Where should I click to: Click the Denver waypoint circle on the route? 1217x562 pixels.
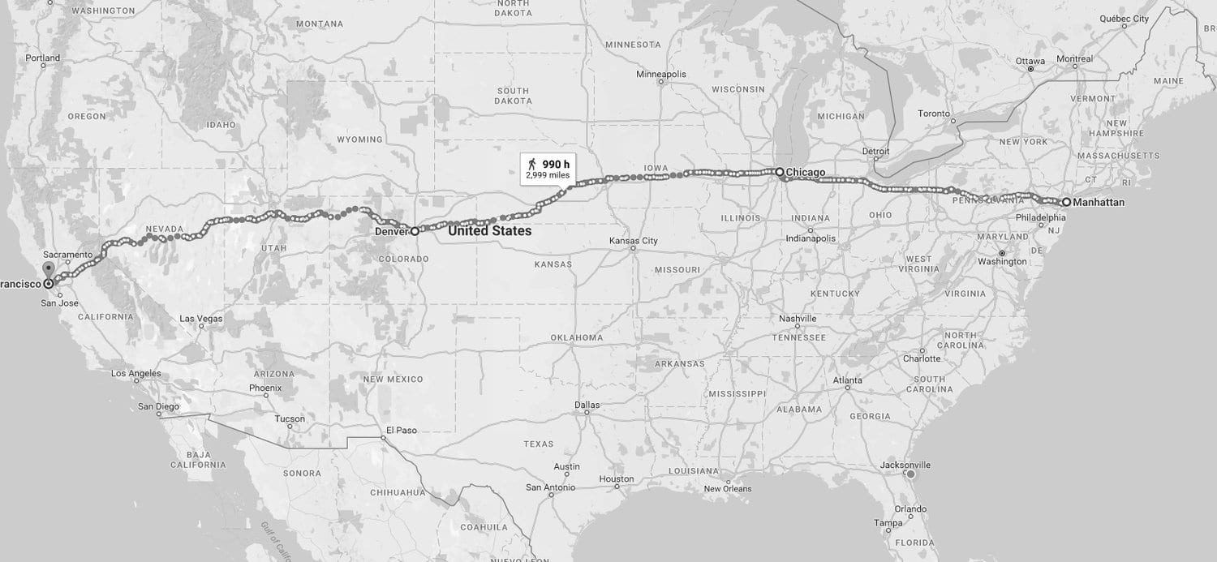tap(414, 231)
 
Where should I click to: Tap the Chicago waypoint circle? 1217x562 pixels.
tap(779, 172)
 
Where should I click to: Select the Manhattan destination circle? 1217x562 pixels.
tap(1066, 202)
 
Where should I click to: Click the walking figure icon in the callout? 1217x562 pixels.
tap(532, 165)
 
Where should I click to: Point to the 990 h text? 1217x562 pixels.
tap(556, 165)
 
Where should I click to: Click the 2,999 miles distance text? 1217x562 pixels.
tap(548, 175)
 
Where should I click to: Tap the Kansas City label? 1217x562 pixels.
tap(634, 241)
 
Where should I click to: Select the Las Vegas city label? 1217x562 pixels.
tap(200, 319)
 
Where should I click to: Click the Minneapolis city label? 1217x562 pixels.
tap(660, 74)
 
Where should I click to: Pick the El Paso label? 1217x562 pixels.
tap(402, 430)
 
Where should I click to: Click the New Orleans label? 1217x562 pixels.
tap(727, 488)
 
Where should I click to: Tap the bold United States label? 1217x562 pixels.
tap(489, 231)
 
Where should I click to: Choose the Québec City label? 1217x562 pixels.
tap(1123, 19)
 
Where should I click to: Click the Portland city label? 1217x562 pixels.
tap(43, 58)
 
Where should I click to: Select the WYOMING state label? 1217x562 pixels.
tap(359, 139)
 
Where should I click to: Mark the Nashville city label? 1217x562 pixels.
tap(797, 319)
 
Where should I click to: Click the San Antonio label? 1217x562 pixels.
tap(550, 487)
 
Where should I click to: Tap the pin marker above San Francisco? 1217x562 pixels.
tap(49, 268)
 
